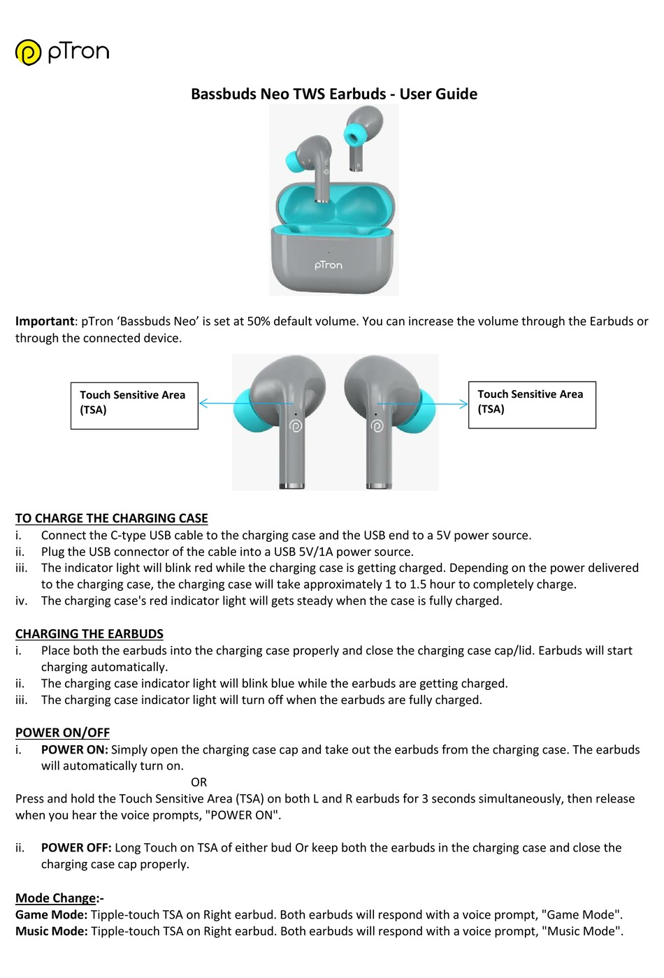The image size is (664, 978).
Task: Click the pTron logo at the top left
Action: [62, 52]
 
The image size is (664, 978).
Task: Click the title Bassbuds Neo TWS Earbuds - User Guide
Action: [333, 94]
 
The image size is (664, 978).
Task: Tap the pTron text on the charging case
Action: [329, 265]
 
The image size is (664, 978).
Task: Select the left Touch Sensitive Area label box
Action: [134, 405]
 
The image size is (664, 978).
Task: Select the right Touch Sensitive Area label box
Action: [531, 405]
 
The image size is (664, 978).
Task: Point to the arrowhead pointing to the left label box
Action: [203, 403]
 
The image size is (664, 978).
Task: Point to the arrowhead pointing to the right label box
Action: [463, 403]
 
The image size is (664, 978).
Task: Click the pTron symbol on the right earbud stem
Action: [377, 426]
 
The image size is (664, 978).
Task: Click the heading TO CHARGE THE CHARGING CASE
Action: [111, 518]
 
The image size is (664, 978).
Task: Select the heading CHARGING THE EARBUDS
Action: [89, 633]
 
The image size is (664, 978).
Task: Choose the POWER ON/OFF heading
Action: [62, 732]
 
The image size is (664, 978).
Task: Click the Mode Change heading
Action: [56, 898]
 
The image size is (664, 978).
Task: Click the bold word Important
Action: [44, 321]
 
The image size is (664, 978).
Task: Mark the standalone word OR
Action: [199, 782]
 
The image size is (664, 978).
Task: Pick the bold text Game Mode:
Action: [51, 914]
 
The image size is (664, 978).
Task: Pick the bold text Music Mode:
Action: [51, 930]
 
